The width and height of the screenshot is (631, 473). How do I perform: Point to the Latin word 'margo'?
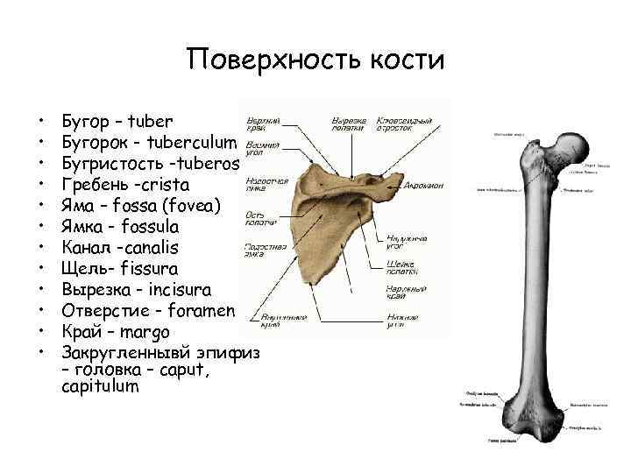pyautogui.click(x=145, y=333)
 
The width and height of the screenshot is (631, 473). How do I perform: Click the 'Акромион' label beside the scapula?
pyautogui.click(x=425, y=186)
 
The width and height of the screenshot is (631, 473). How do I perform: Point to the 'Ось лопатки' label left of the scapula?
pyautogui.click(x=262, y=218)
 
